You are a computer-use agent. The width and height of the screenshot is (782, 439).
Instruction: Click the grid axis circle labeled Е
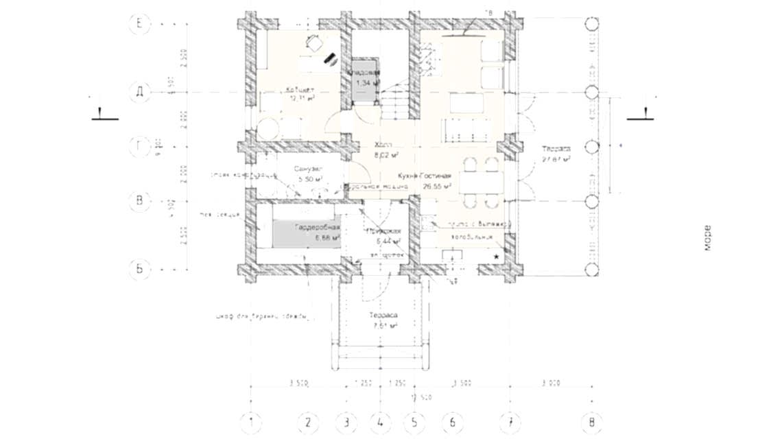[140, 23]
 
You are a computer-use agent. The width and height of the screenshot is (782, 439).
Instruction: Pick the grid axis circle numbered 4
[380, 421]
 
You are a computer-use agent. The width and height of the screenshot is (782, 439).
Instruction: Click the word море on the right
[707, 237]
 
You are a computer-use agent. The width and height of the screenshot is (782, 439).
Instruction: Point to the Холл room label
[383, 145]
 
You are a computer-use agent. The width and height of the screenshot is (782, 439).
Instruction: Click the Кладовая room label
[363, 73]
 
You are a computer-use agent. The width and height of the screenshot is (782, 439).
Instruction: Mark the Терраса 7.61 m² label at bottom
[384, 316]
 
